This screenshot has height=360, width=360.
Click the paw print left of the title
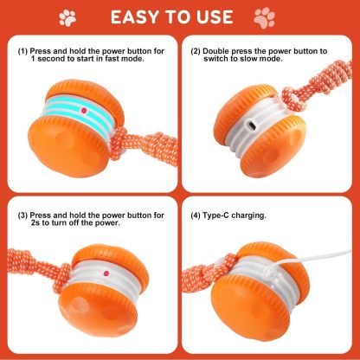pyautogui.click(x=67, y=16)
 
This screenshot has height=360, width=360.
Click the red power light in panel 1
pyautogui.click(x=84, y=111)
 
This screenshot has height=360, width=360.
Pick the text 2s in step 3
pyautogui.click(x=22, y=222)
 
